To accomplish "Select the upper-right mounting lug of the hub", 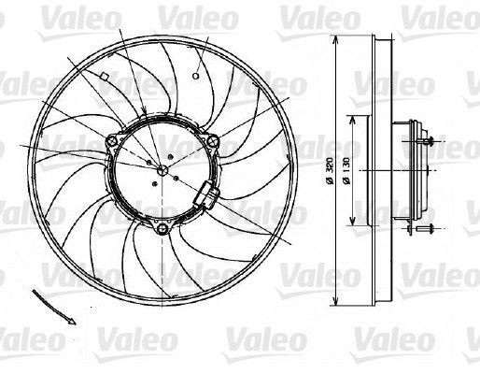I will click(213, 142).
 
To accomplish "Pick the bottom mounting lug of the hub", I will click(164, 229).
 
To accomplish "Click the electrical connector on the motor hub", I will click(206, 196).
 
